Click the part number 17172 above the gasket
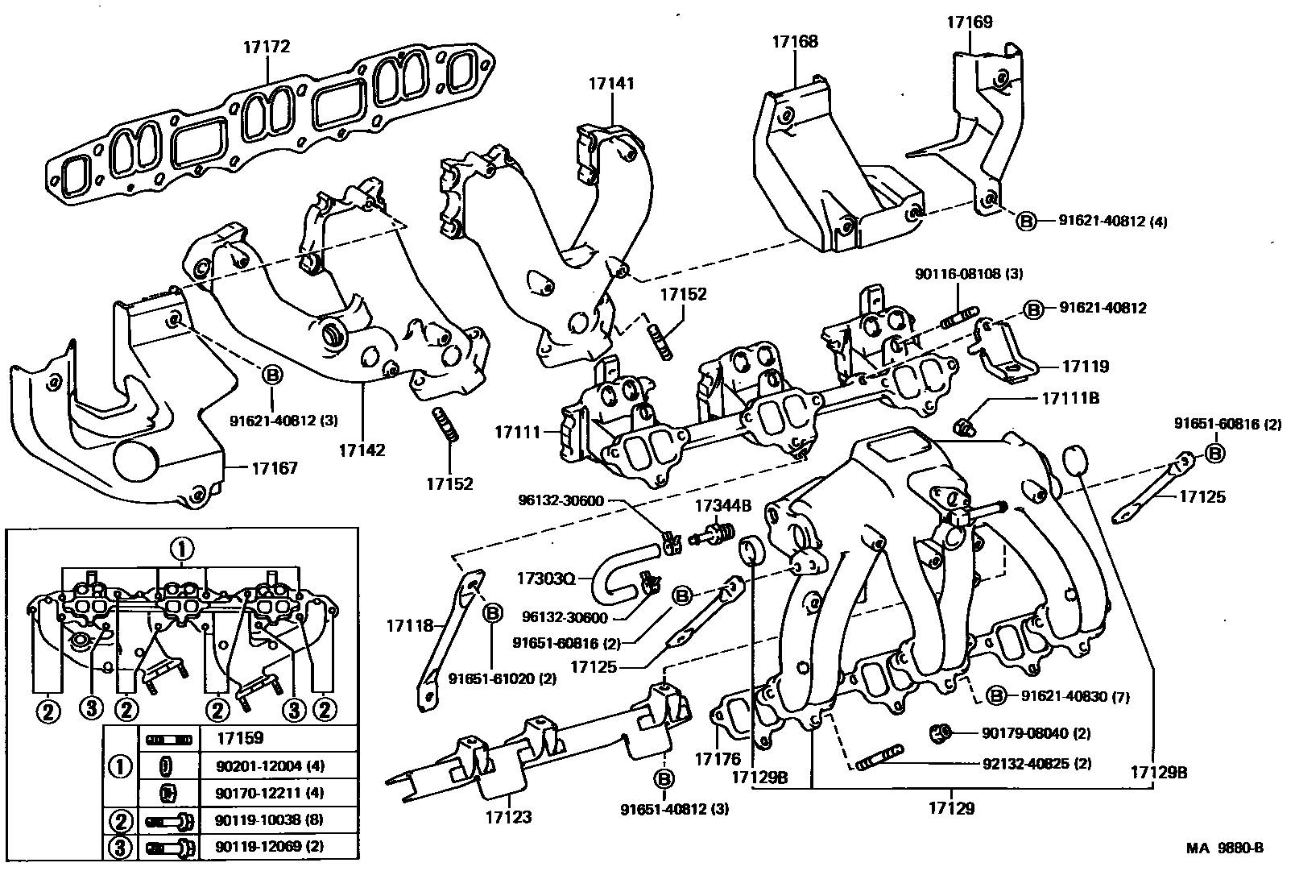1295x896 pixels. tap(266, 48)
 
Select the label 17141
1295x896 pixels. tap(610, 83)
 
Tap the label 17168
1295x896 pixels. tap(795, 41)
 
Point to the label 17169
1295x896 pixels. tap(969, 23)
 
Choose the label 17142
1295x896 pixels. tap(362, 450)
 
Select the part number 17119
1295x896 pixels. tap(1085, 367)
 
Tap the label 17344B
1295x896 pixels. tap(722, 506)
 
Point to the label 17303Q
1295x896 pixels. tap(546, 579)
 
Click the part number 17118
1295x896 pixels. tap(410, 625)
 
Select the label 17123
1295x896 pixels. tap(508, 817)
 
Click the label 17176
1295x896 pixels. tap(718, 759)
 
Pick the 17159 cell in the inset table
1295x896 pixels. tap(240, 737)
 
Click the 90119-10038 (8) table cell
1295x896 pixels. tap(269, 820)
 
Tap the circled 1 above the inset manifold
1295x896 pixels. tap(181, 550)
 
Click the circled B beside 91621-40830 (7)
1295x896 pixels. tap(997, 695)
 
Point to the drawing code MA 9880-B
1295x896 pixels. tap(1224, 848)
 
